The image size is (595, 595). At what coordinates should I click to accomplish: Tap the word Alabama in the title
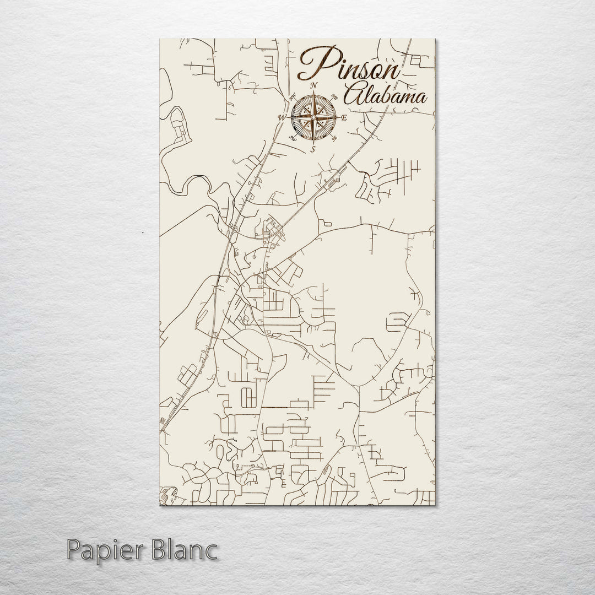[x=385, y=96]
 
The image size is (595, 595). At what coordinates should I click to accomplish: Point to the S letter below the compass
[x=313, y=149]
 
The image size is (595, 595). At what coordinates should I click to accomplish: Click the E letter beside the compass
[x=344, y=118]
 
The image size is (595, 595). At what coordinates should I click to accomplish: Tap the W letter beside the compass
[x=282, y=117]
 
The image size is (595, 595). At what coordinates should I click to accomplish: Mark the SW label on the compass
[x=293, y=138]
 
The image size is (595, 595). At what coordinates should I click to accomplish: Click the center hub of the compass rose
[x=313, y=117]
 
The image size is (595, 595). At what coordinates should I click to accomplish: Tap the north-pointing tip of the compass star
[x=313, y=92]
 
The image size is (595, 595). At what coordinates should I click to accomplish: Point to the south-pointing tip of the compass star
[x=313, y=143]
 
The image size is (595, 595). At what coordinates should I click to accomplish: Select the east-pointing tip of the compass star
[x=338, y=117]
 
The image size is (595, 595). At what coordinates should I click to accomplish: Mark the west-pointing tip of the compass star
[x=288, y=117]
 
